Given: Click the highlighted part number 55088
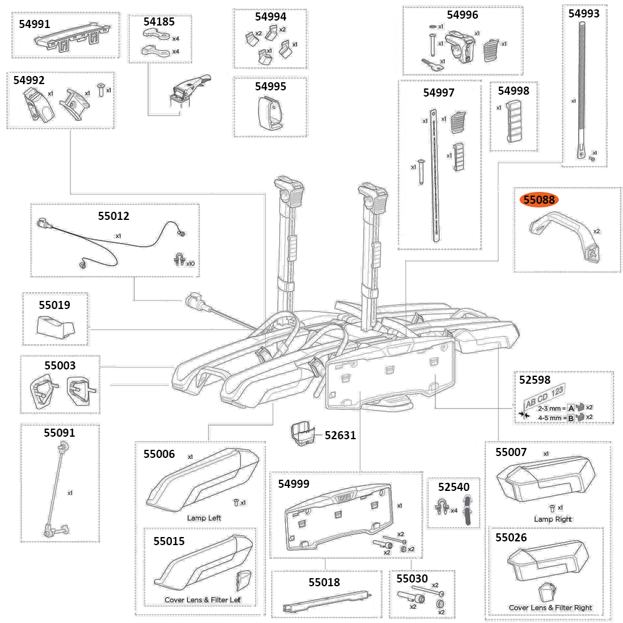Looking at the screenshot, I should pyautogui.click(x=540, y=200).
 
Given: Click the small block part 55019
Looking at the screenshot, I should pyautogui.click(x=54, y=325).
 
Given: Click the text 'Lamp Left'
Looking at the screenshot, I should pyautogui.click(x=204, y=518).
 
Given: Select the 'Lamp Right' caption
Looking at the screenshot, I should pyautogui.click(x=553, y=519).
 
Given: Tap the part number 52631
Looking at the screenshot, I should pyautogui.click(x=340, y=435).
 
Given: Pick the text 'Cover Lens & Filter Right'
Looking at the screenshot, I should pyautogui.click(x=550, y=607).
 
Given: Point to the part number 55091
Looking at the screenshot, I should pyautogui.click(x=59, y=432).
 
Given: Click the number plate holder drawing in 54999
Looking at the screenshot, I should pyautogui.click(x=340, y=520).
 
